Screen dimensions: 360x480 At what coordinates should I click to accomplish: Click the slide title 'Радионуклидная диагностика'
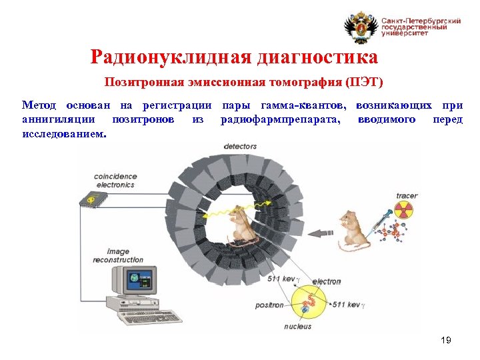[234, 57]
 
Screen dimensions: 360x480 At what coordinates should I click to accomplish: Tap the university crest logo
[360, 28]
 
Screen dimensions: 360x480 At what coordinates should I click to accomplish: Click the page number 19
[446, 341]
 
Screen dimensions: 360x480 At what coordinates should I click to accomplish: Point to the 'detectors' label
[240, 146]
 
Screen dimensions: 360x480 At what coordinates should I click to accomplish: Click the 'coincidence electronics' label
[115, 181]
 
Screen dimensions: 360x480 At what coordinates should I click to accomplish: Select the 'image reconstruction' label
[118, 255]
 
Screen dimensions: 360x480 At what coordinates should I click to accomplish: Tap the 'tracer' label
[407, 196]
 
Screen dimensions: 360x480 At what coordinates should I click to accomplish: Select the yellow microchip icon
[88, 199]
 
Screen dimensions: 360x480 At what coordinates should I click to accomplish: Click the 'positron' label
[269, 305]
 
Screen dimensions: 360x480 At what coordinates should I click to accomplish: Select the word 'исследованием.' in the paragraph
[63, 133]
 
